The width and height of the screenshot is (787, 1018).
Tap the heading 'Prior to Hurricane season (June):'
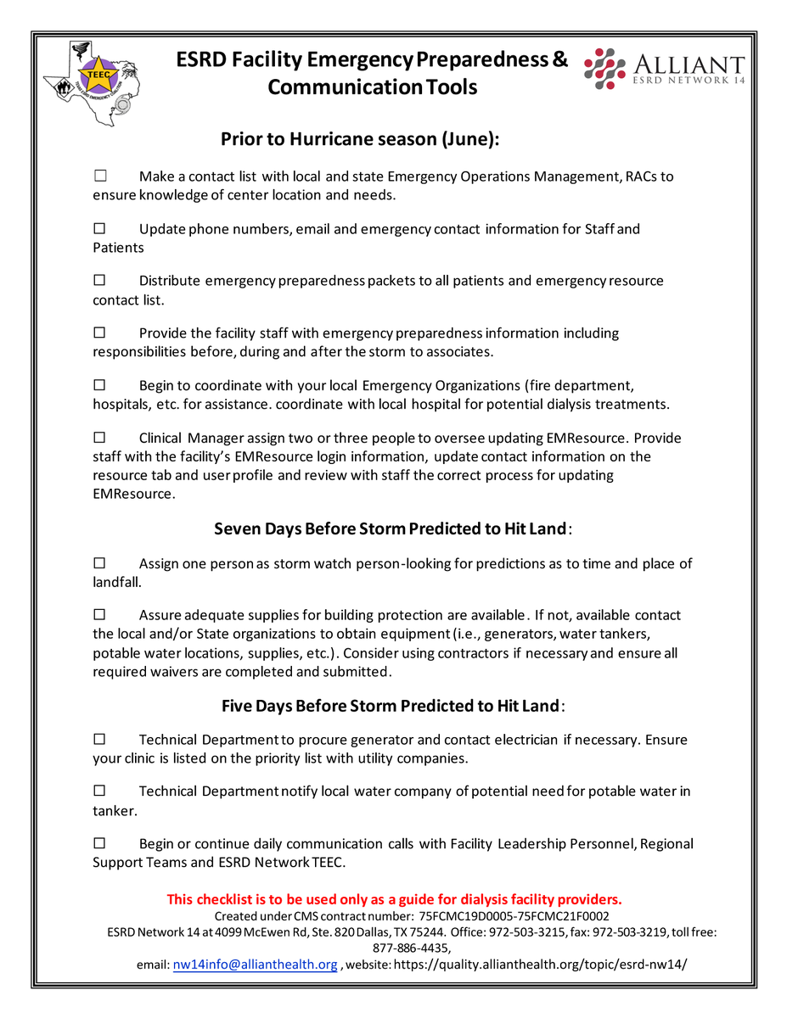[360, 139]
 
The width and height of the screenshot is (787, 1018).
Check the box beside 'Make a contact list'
[99, 176]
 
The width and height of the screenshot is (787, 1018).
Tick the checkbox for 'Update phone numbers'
[99, 228]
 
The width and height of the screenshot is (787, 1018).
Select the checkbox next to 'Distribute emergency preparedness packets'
[99, 280]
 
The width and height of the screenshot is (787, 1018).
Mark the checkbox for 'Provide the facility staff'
[99, 333]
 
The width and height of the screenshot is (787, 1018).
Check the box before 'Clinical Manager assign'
[99, 438]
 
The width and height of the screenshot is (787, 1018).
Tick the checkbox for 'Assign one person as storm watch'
[99, 563]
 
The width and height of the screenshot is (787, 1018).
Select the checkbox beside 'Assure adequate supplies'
[99, 615]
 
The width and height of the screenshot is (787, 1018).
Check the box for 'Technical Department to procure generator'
[99, 740]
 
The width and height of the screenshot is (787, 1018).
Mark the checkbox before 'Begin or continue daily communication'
[99, 843]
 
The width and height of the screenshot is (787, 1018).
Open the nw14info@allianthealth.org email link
[255, 965]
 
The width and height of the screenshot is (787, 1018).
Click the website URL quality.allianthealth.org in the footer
[540, 965]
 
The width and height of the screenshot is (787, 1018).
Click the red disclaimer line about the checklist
[394, 899]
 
